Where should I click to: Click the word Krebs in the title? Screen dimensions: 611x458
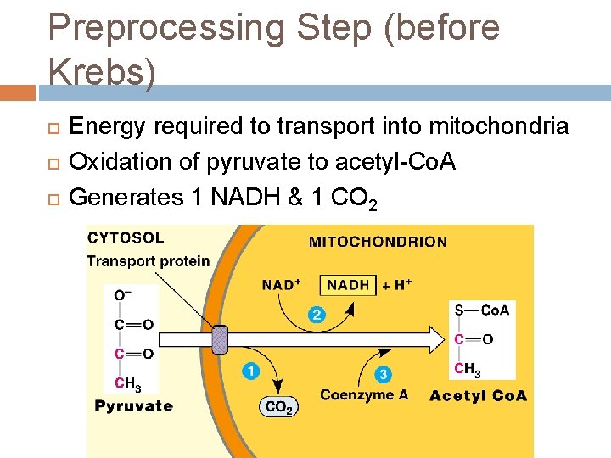click(102, 72)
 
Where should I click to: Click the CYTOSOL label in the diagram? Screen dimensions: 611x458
click(126, 238)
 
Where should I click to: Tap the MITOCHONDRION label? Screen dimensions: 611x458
click(378, 242)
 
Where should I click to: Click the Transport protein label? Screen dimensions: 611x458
click(148, 260)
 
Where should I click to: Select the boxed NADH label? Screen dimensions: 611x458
click(348, 285)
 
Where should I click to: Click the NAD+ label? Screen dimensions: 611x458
click(282, 285)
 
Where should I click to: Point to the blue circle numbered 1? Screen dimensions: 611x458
click(251, 371)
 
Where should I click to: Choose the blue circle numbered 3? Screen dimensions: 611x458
click(384, 373)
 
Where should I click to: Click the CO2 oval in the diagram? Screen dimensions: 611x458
click(279, 408)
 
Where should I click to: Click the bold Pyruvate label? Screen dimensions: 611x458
click(133, 405)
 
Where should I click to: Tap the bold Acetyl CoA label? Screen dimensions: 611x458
click(478, 395)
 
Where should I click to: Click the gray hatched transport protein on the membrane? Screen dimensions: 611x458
click(219, 340)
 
